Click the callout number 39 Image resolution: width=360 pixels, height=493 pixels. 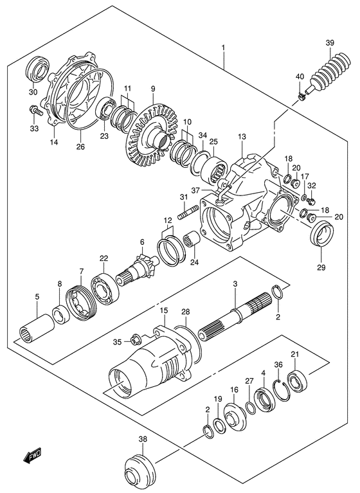click(x=329, y=43)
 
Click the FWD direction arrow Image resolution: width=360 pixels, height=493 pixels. click(x=32, y=457)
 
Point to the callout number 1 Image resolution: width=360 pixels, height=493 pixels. click(x=223, y=48)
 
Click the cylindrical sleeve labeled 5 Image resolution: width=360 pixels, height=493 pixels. click(x=35, y=328)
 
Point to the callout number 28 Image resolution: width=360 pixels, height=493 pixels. click(x=185, y=312)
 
